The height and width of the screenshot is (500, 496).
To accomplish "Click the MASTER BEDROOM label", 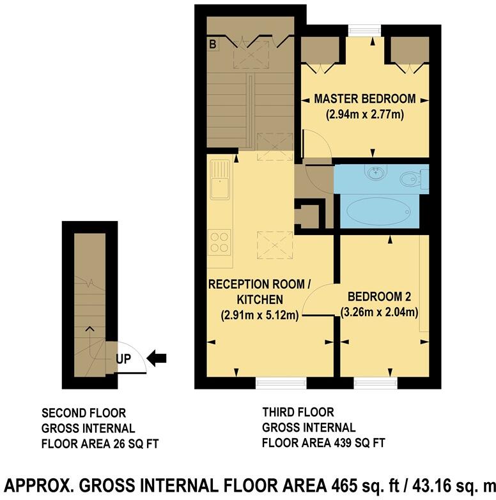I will coord(364,99).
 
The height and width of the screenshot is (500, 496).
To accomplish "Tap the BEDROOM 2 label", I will coord(382,297).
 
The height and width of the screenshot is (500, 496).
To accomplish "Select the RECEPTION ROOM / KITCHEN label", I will coord(259,291).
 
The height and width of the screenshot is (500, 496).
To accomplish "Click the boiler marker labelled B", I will coord(212,44).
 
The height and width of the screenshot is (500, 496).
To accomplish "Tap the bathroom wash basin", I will coord(374,173).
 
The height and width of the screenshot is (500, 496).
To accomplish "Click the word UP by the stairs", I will coord(123,358).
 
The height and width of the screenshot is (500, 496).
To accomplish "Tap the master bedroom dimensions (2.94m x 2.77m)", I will coord(364,115).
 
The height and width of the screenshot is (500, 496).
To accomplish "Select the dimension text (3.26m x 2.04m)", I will coord(382,313).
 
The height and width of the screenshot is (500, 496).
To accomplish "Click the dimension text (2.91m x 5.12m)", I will coord(260,315).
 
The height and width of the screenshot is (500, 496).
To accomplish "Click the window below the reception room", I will coord(281,383).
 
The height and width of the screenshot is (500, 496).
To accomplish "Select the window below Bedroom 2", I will coord(375,383).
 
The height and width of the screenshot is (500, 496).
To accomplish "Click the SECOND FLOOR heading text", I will coord(84,413).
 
